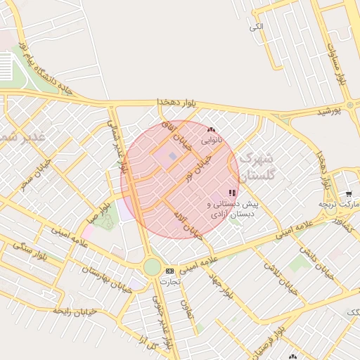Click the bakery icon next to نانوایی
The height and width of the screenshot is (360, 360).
[x=211, y=129]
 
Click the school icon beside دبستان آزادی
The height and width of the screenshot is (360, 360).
[x=232, y=193]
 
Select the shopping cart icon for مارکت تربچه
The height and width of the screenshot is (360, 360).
[x=349, y=193]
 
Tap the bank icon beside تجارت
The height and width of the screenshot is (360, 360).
[x=169, y=271]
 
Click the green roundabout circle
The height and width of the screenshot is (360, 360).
[x=152, y=267]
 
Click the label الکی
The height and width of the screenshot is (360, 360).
[x=256, y=26]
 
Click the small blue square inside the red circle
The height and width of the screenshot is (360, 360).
[x=173, y=156]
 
